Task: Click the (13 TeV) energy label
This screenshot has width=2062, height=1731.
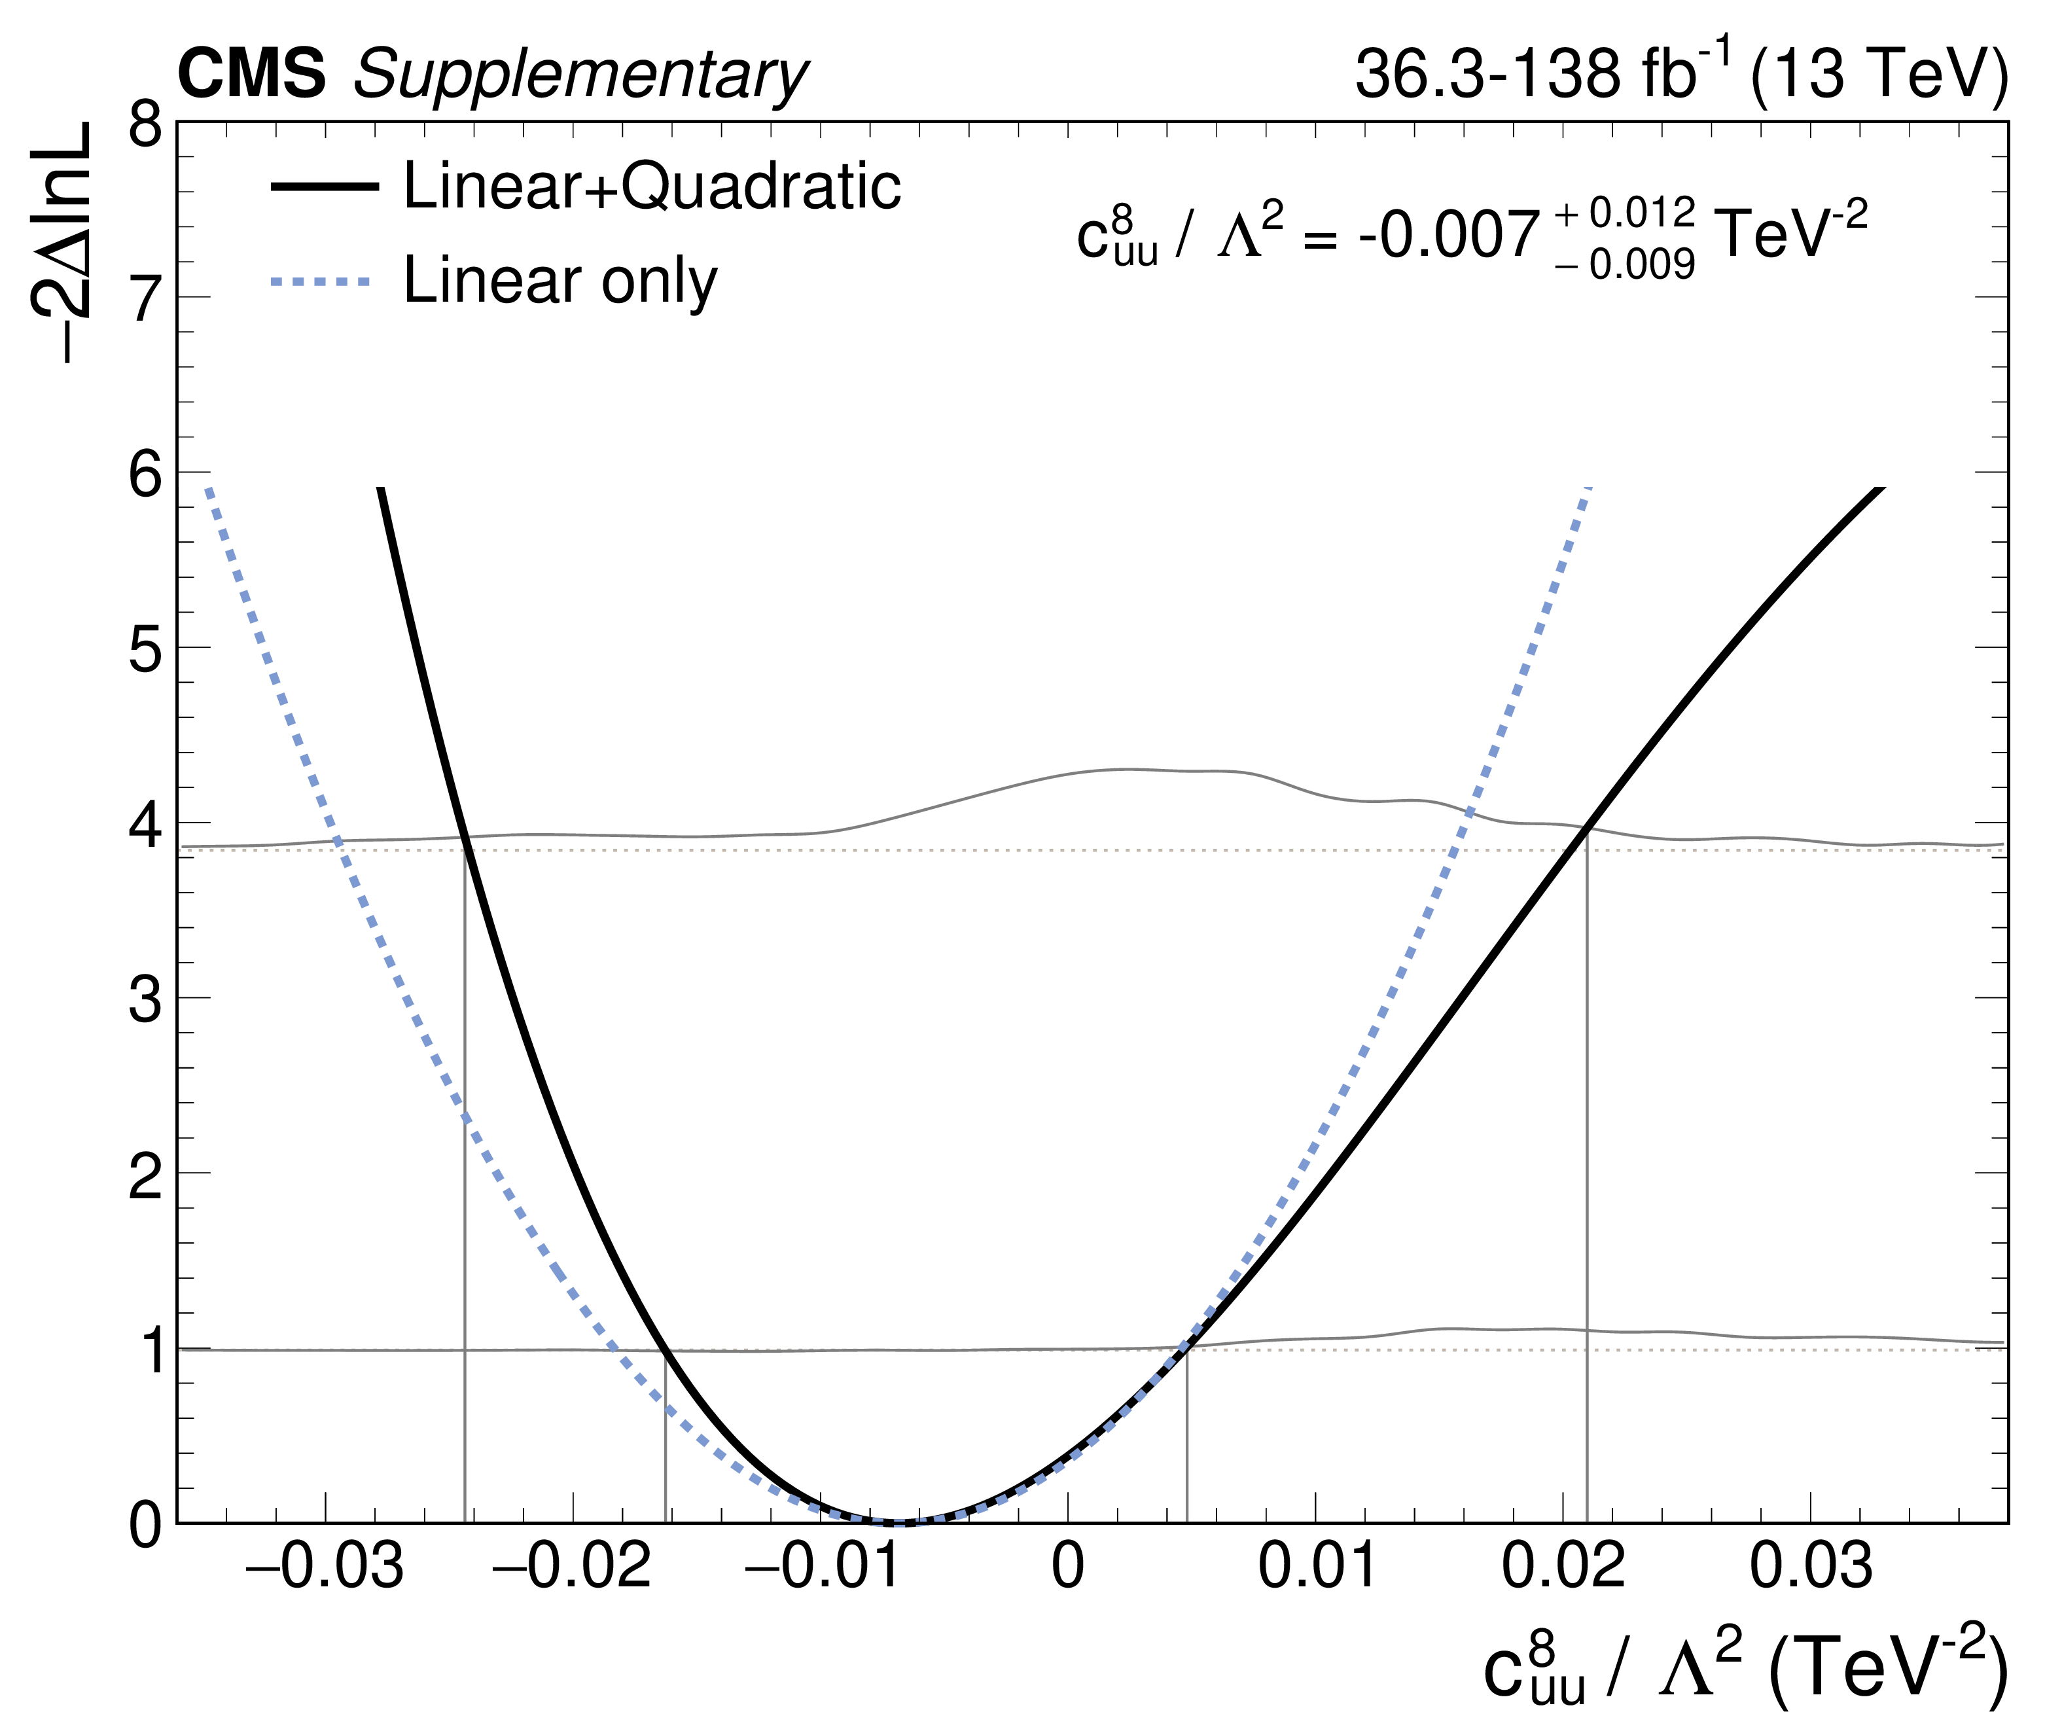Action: click(1879, 75)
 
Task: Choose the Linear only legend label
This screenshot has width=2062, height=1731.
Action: click(561, 282)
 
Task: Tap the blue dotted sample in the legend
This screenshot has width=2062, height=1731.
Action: click(322, 283)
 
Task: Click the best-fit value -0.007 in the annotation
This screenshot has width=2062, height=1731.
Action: click(1448, 237)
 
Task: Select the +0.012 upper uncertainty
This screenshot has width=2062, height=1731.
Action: click(1625, 212)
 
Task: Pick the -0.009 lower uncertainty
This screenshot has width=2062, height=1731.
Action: click(1625, 265)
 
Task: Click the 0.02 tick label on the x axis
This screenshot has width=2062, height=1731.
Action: click(1563, 1568)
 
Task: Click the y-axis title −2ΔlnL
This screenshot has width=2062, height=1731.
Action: click(61, 243)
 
